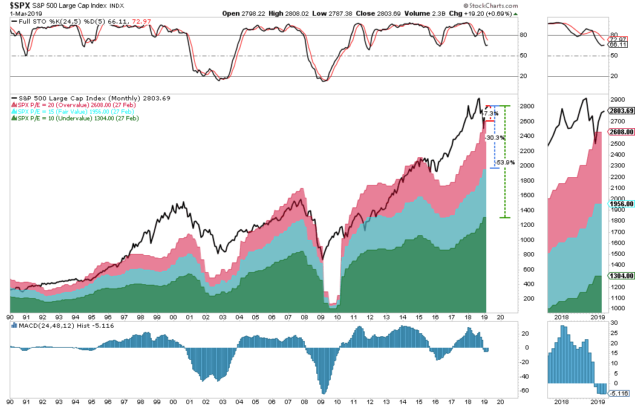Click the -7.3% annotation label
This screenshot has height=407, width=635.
click(490, 114)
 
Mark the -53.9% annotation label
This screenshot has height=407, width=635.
click(504, 163)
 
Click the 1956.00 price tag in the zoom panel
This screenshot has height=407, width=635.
click(621, 204)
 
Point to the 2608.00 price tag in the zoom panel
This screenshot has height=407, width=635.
click(621, 131)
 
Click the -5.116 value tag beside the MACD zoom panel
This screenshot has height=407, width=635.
click(620, 394)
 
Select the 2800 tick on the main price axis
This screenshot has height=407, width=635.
click(528, 106)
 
